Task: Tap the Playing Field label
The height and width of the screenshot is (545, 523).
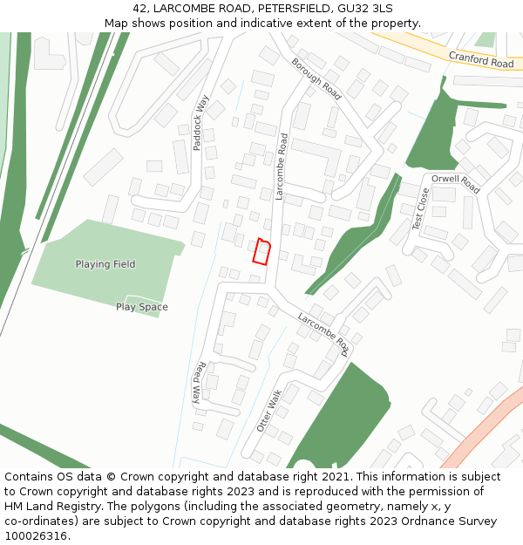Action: tap(105, 264)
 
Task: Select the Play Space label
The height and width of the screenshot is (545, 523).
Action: tap(142, 307)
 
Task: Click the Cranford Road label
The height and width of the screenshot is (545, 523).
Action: tap(481, 59)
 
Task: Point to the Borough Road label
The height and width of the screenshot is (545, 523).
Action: tap(316, 78)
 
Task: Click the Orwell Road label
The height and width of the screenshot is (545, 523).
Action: tap(456, 185)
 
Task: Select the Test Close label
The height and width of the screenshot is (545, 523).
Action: tap(420, 209)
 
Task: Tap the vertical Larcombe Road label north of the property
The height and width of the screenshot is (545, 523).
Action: tap(281, 167)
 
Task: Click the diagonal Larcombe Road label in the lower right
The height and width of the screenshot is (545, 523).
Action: tap(323, 335)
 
